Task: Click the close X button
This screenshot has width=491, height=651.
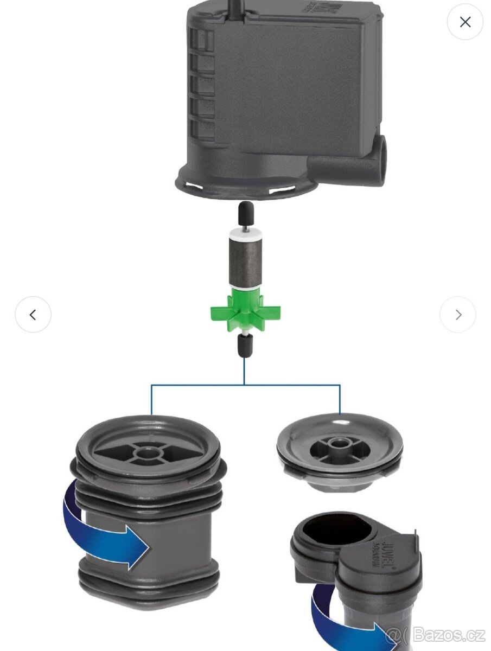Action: click(x=465, y=22)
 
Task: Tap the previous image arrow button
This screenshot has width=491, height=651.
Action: click(x=33, y=315)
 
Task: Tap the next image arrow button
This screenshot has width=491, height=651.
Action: click(x=458, y=315)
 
